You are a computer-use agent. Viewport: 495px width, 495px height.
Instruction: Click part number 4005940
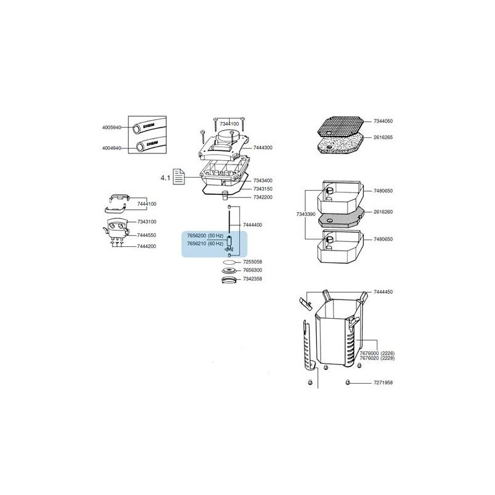pyautogui.click(x=111, y=127)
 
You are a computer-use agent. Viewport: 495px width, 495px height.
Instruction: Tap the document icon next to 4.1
pyautogui.click(x=179, y=177)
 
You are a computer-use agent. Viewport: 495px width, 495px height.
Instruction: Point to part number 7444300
pyautogui.click(x=262, y=148)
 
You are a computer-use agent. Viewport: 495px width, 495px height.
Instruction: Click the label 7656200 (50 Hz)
pyautogui.click(x=205, y=236)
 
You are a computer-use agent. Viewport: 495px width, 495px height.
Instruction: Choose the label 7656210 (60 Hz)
pyautogui.click(x=205, y=244)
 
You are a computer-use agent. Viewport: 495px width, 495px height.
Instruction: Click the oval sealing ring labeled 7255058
pyautogui.click(x=230, y=262)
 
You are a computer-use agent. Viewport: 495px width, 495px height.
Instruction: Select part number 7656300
pyautogui.click(x=252, y=270)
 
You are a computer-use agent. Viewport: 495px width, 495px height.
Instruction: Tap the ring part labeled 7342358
pyautogui.click(x=230, y=279)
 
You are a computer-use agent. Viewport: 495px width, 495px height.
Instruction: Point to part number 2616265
pyautogui.click(x=383, y=137)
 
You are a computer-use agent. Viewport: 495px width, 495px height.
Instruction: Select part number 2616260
pyautogui.click(x=383, y=212)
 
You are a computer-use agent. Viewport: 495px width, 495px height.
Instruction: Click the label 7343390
pyautogui.click(x=306, y=214)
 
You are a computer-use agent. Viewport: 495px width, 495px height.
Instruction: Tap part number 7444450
pyautogui.click(x=383, y=292)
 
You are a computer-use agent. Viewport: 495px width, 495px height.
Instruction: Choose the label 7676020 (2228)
pyautogui.click(x=377, y=358)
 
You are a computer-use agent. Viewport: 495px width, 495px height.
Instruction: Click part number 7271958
pyautogui.click(x=383, y=382)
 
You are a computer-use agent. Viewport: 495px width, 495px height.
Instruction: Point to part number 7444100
pyautogui.click(x=147, y=204)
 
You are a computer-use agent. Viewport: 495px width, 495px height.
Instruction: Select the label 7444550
pyautogui.click(x=147, y=235)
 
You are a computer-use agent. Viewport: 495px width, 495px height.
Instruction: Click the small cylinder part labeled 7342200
pyautogui.click(x=225, y=196)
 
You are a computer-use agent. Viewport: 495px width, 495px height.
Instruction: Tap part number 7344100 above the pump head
pyautogui.click(x=230, y=124)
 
